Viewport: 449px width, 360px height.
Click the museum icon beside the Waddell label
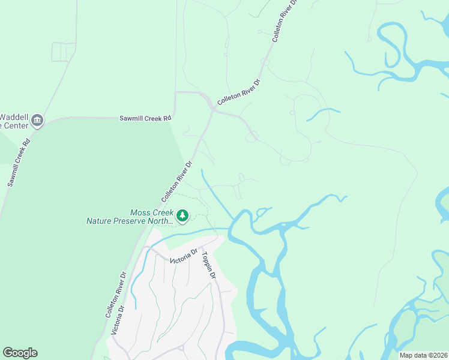click(x=37, y=121)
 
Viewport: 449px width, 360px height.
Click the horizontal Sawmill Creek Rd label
click(x=145, y=119)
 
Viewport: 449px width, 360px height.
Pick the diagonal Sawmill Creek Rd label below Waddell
click(x=19, y=163)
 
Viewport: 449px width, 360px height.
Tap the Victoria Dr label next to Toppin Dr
click(x=184, y=257)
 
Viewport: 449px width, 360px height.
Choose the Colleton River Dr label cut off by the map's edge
click(x=285, y=21)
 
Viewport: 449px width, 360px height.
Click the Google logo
click(x=20, y=353)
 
